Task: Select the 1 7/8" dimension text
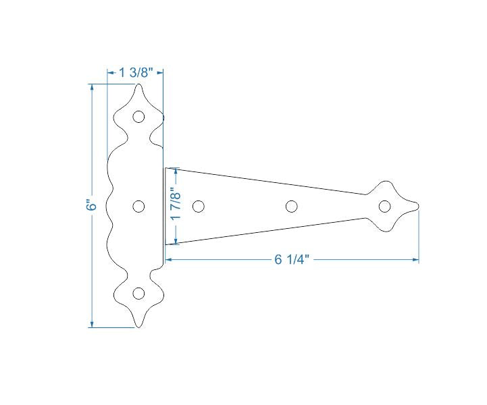pyautogui.click(x=176, y=205)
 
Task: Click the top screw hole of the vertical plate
pyautogui.click(x=138, y=117)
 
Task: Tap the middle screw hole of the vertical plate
pyautogui.click(x=138, y=206)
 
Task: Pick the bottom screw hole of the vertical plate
pyautogui.click(x=138, y=293)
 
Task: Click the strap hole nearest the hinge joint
pyautogui.click(x=199, y=206)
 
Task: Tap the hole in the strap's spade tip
pyautogui.click(x=385, y=206)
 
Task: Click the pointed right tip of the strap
pyautogui.click(x=418, y=206)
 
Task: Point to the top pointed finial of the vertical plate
pyautogui.click(x=138, y=86)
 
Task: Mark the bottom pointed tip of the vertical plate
pyautogui.click(x=138, y=327)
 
